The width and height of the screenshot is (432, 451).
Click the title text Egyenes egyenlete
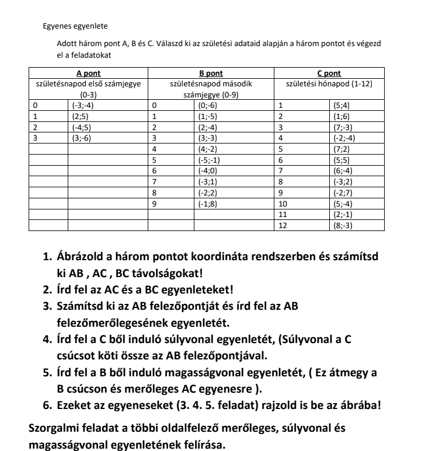point(75,26)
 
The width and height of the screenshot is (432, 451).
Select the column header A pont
point(89,74)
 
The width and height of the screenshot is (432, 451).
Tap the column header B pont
point(211,74)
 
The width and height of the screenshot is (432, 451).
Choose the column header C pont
point(329,74)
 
